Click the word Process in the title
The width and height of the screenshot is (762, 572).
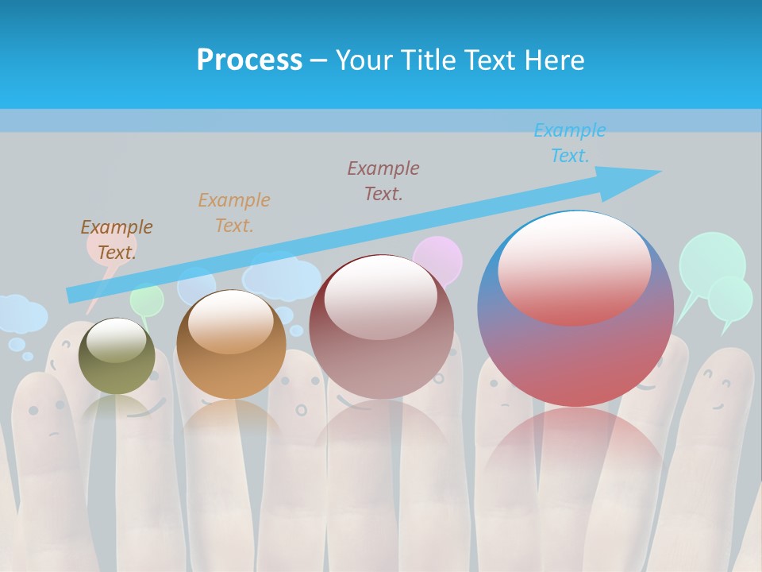[x=249, y=60]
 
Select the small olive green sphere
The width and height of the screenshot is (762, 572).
[x=117, y=356]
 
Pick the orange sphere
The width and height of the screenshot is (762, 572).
[x=231, y=345]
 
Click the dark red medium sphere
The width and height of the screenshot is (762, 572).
[x=382, y=327]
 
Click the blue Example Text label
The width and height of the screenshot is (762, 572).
[x=570, y=143]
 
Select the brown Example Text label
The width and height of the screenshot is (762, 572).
[x=117, y=240]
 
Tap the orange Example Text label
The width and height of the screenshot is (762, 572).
[x=234, y=212]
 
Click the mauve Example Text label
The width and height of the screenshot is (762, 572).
[x=383, y=180]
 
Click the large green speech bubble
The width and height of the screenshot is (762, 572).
[x=712, y=261]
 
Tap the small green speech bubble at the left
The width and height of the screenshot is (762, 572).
[x=147, y=300]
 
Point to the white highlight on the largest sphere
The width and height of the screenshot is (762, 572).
[x=574, y=266]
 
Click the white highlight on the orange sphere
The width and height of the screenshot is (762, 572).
[x=231, y=322]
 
